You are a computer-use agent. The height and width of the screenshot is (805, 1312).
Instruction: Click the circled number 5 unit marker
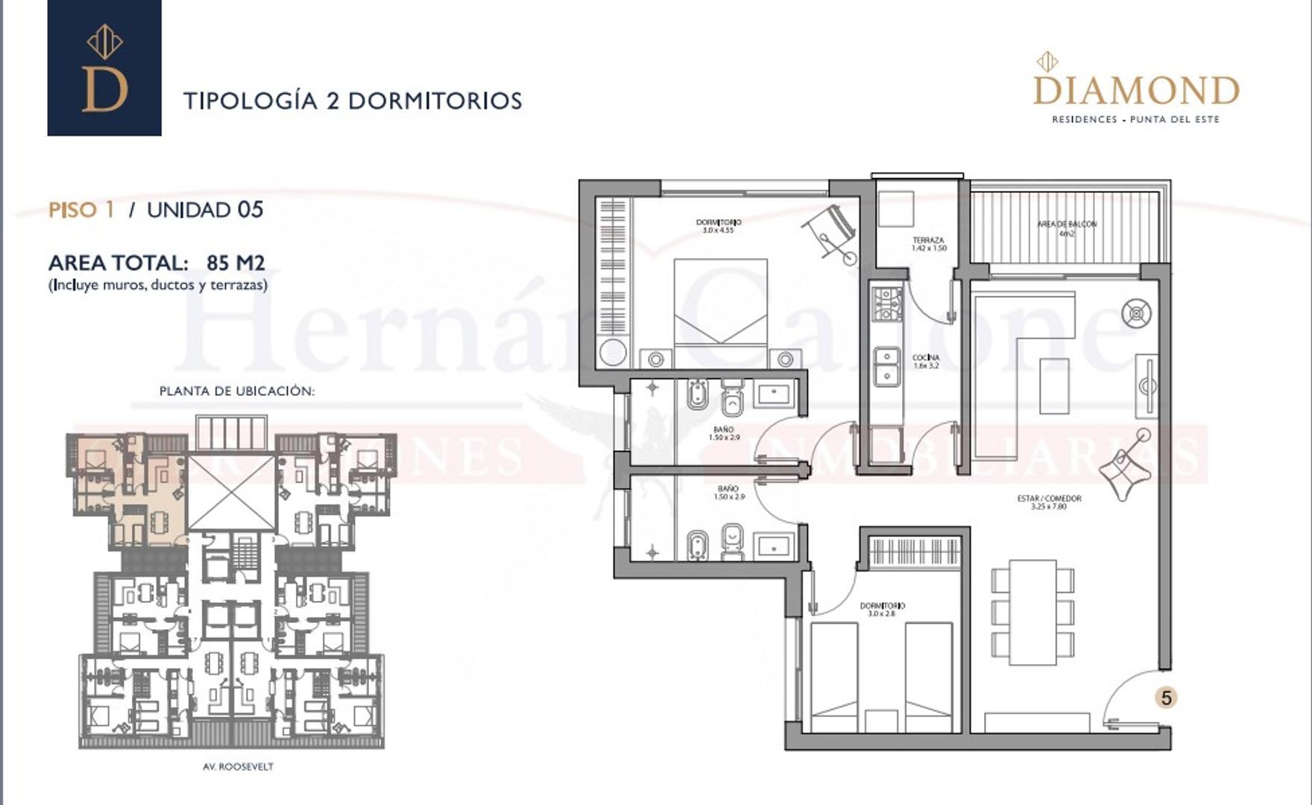click(1167, 698)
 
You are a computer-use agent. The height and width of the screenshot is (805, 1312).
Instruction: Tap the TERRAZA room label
click(928, 244)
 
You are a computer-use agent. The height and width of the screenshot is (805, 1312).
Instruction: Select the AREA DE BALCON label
click(1067, 227)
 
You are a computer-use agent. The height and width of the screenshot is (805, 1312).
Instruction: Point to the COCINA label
click(926, 362)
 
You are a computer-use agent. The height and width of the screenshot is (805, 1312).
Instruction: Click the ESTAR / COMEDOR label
click(1049, 502)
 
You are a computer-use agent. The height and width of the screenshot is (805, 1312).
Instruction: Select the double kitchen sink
click(886, 365)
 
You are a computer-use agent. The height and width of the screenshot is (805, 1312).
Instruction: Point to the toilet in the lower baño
click(733, 541)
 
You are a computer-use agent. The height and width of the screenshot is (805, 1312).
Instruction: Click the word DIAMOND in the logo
click(1135, 91)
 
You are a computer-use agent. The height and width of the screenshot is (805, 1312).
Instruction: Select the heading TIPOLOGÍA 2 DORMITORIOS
click(353, 101)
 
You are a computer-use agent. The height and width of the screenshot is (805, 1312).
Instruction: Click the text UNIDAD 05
click(205, 209)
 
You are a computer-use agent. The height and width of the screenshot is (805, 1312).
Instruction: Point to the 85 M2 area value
click(236, 262)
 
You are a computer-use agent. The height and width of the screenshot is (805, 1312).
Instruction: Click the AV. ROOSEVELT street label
click(238, 766)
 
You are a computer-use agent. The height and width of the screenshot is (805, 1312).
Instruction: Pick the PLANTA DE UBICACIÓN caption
click(237, 391)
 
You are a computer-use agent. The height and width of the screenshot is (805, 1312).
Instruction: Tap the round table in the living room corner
click(1136, 313)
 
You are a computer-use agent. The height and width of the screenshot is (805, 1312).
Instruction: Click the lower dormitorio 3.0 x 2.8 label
click(883, 610)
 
